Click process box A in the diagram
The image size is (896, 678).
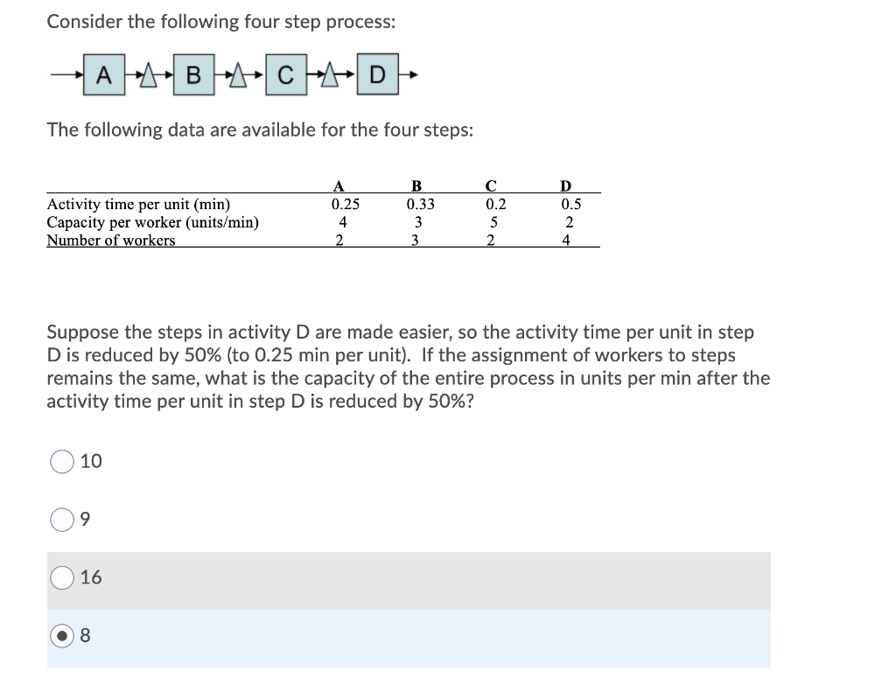[103, 75]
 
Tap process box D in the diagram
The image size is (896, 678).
[376, 75]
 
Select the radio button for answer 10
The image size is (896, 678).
[61, 462]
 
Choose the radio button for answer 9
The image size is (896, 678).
[61, 521]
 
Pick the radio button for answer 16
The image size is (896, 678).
[61, 578]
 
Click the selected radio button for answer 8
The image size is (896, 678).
[61, 637]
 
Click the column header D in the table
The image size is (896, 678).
[566, 185]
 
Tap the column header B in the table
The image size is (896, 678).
[416, 185]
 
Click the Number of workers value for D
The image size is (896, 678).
[567, 241]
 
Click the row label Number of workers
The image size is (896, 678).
[110, 241]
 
